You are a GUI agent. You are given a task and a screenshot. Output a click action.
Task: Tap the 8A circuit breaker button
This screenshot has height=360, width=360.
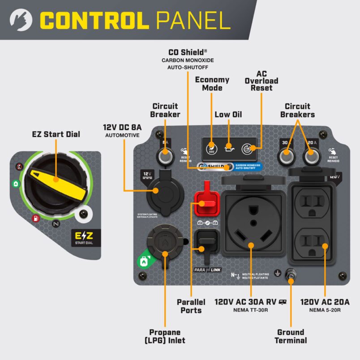click(x=164, y=157)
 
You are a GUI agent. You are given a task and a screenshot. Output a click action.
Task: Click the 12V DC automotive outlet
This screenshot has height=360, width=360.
click(x=160, y=191)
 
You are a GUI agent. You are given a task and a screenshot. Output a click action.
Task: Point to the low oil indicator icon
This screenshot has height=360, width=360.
click(x=229, y=146)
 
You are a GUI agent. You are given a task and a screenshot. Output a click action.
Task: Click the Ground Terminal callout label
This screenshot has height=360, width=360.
click(x=291, y=336)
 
